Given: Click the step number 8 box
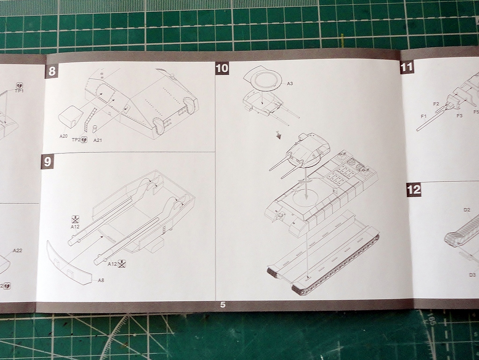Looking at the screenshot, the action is [51, 72].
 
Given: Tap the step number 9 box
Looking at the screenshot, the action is [47, 162].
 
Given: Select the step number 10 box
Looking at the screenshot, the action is [222, 68].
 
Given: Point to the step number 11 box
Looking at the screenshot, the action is [407, 67].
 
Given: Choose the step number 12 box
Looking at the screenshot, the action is [414, 190].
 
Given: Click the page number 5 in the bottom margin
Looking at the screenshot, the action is [223, 305].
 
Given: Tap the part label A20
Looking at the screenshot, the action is [64, 136].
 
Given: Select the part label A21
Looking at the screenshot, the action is [98, 140].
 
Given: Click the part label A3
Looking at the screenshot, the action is [290, 83].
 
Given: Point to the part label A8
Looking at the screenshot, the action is [101, 280].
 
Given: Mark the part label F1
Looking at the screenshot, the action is [423, 116].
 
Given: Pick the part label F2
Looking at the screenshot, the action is [436, 104].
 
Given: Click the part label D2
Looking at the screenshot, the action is [466, 209].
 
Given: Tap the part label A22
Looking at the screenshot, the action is [17, 250].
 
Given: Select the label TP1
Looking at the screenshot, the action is [19, 90].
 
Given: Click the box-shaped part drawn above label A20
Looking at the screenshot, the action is [71, 116].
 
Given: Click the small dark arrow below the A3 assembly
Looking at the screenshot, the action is [279, 135].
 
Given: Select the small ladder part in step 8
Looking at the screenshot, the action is [90, 119].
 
